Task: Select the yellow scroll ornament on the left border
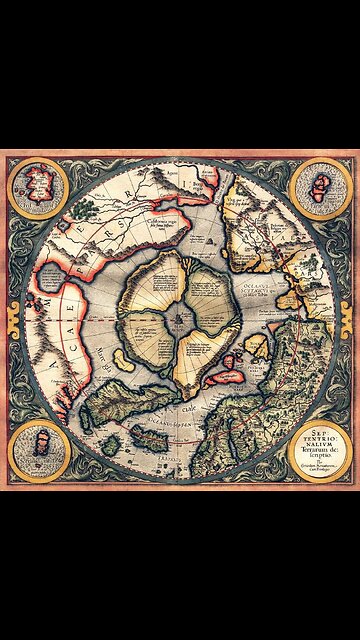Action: click(11, 315)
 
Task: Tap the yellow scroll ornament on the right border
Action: click(349, 315)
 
